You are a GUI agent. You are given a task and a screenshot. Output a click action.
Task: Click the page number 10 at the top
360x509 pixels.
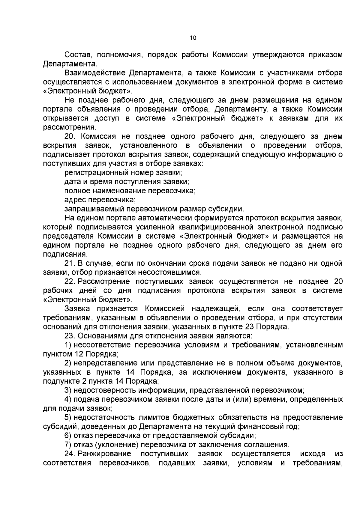(193, 38)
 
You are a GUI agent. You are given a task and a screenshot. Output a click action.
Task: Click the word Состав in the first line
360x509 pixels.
(76, 55)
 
